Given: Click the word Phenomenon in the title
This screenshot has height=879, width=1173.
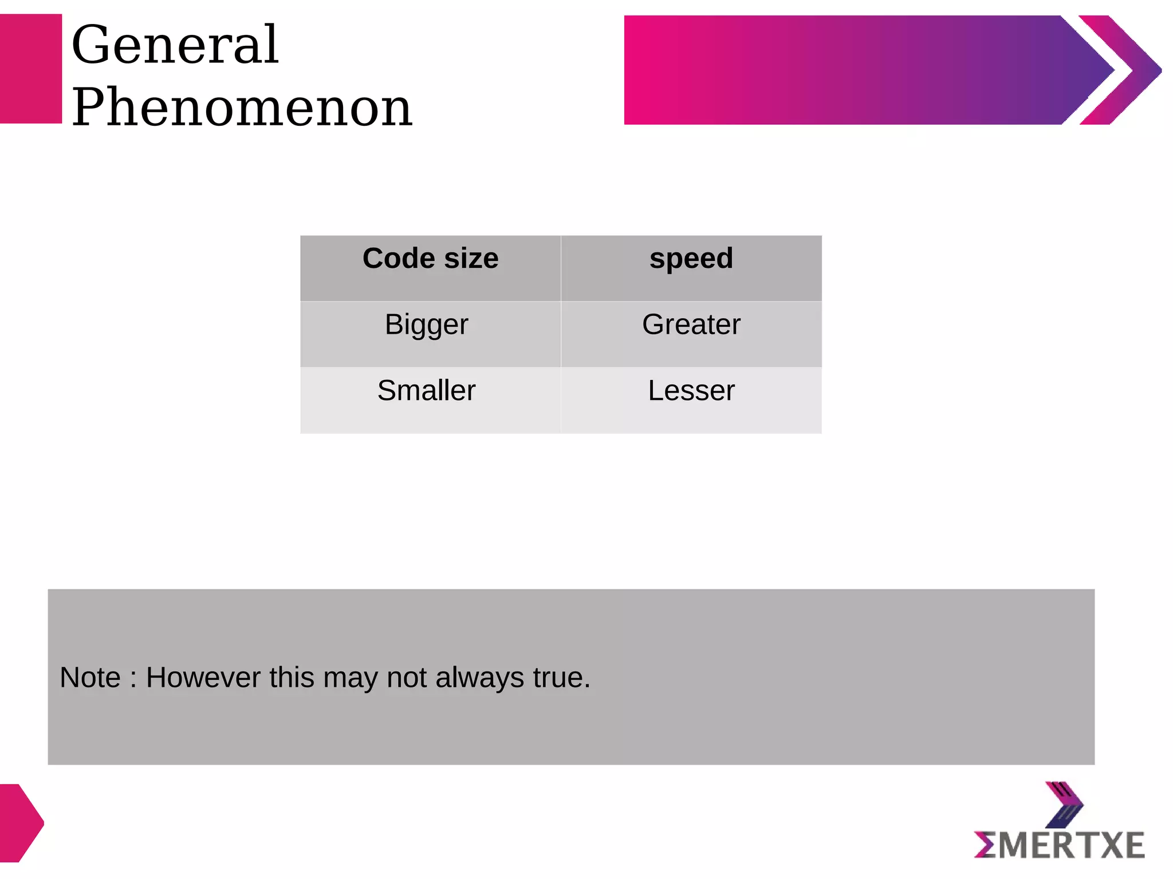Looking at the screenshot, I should [242, 107].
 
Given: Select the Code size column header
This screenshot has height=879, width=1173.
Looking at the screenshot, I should [430, 259].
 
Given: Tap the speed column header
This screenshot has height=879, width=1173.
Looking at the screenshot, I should [691, 259].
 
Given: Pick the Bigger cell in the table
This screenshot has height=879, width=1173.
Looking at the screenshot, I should [427, 325].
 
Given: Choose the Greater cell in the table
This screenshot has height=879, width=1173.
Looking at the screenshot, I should [691, 325].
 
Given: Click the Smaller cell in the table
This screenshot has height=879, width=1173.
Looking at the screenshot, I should [427, 391].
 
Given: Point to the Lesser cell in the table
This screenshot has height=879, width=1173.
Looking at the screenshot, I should [691, 391].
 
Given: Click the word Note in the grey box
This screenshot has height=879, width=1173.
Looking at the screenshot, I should [90, 678].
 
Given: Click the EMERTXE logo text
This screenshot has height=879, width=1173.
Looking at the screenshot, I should [1060, 845].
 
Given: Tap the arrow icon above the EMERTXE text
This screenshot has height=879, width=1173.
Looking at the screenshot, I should [1064, 805].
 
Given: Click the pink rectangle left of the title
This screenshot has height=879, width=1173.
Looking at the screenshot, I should [30, 69].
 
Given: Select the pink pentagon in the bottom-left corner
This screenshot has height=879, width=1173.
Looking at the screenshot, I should [21, 823].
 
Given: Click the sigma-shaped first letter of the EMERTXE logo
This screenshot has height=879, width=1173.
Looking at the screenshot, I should [985, 845].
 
